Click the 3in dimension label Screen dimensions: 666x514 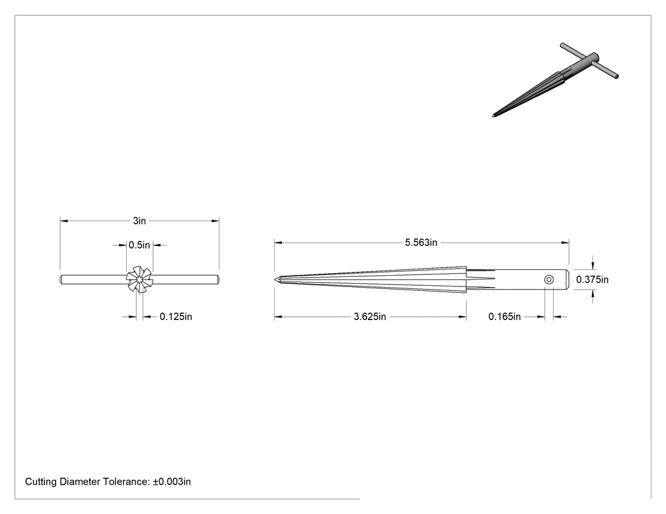(x=140, y=221)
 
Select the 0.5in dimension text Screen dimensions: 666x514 (x=140, y=245)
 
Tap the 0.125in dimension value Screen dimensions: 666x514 (x=176, y=317)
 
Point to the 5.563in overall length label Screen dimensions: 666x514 (x=421, y=242)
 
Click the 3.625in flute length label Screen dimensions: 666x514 (x=370, y=317)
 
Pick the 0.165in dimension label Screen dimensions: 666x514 (x=505, y=317)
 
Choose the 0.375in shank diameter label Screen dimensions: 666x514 (x=592, y=279)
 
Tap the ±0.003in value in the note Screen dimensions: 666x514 (x=172, y=482)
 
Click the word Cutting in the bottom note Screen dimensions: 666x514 (x=41, y=482)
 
